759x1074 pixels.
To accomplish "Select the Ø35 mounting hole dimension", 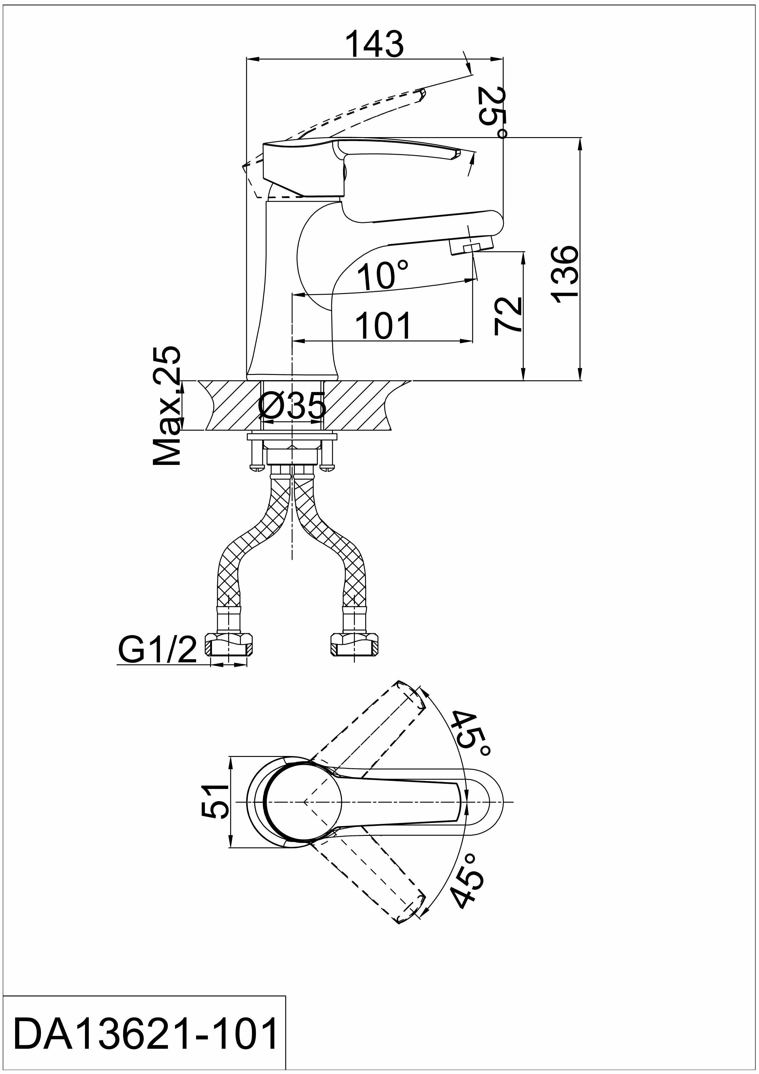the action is (292, 406).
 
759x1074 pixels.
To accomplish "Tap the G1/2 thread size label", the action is (157, 650).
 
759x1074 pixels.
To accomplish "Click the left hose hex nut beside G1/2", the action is (229, 646).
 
